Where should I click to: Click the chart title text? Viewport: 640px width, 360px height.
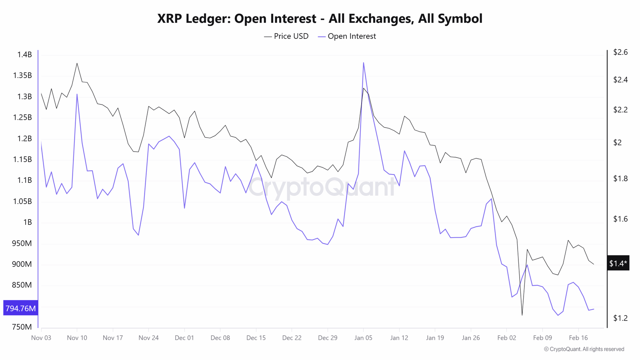[x=320, y=18]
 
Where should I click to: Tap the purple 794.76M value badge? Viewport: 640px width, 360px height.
[x=20, y=308]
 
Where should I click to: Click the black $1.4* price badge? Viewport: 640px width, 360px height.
[x=618, y=263]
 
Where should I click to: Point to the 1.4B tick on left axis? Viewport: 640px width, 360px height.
[x=24, y=55]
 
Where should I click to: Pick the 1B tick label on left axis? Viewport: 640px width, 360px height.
[x=27, y=222]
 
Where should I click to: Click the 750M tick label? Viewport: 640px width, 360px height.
[x=22, y=327]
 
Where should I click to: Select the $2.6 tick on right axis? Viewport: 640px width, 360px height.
[x=620, y=52]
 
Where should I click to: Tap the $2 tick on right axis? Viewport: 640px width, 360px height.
[x=618, y=143]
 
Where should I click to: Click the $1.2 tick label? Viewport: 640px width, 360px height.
[x=620, y=318]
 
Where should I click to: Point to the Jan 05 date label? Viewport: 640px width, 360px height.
[x=363, y=338]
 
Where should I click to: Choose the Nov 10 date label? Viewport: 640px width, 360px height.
[x=77, y=338]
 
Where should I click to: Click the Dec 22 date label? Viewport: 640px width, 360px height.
[x=292, y=338]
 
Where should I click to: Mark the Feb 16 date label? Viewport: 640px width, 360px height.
[x=578, y=338]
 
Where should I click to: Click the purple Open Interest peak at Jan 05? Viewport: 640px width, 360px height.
[x=363, y=63]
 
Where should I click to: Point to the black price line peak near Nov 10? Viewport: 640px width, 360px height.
[x=77, y=63]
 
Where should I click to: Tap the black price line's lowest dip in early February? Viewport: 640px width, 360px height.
[x=522, y=315]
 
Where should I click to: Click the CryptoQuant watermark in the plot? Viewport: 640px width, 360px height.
[x=322, y=186]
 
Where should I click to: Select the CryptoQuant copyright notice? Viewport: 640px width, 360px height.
[x=584, y=349]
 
